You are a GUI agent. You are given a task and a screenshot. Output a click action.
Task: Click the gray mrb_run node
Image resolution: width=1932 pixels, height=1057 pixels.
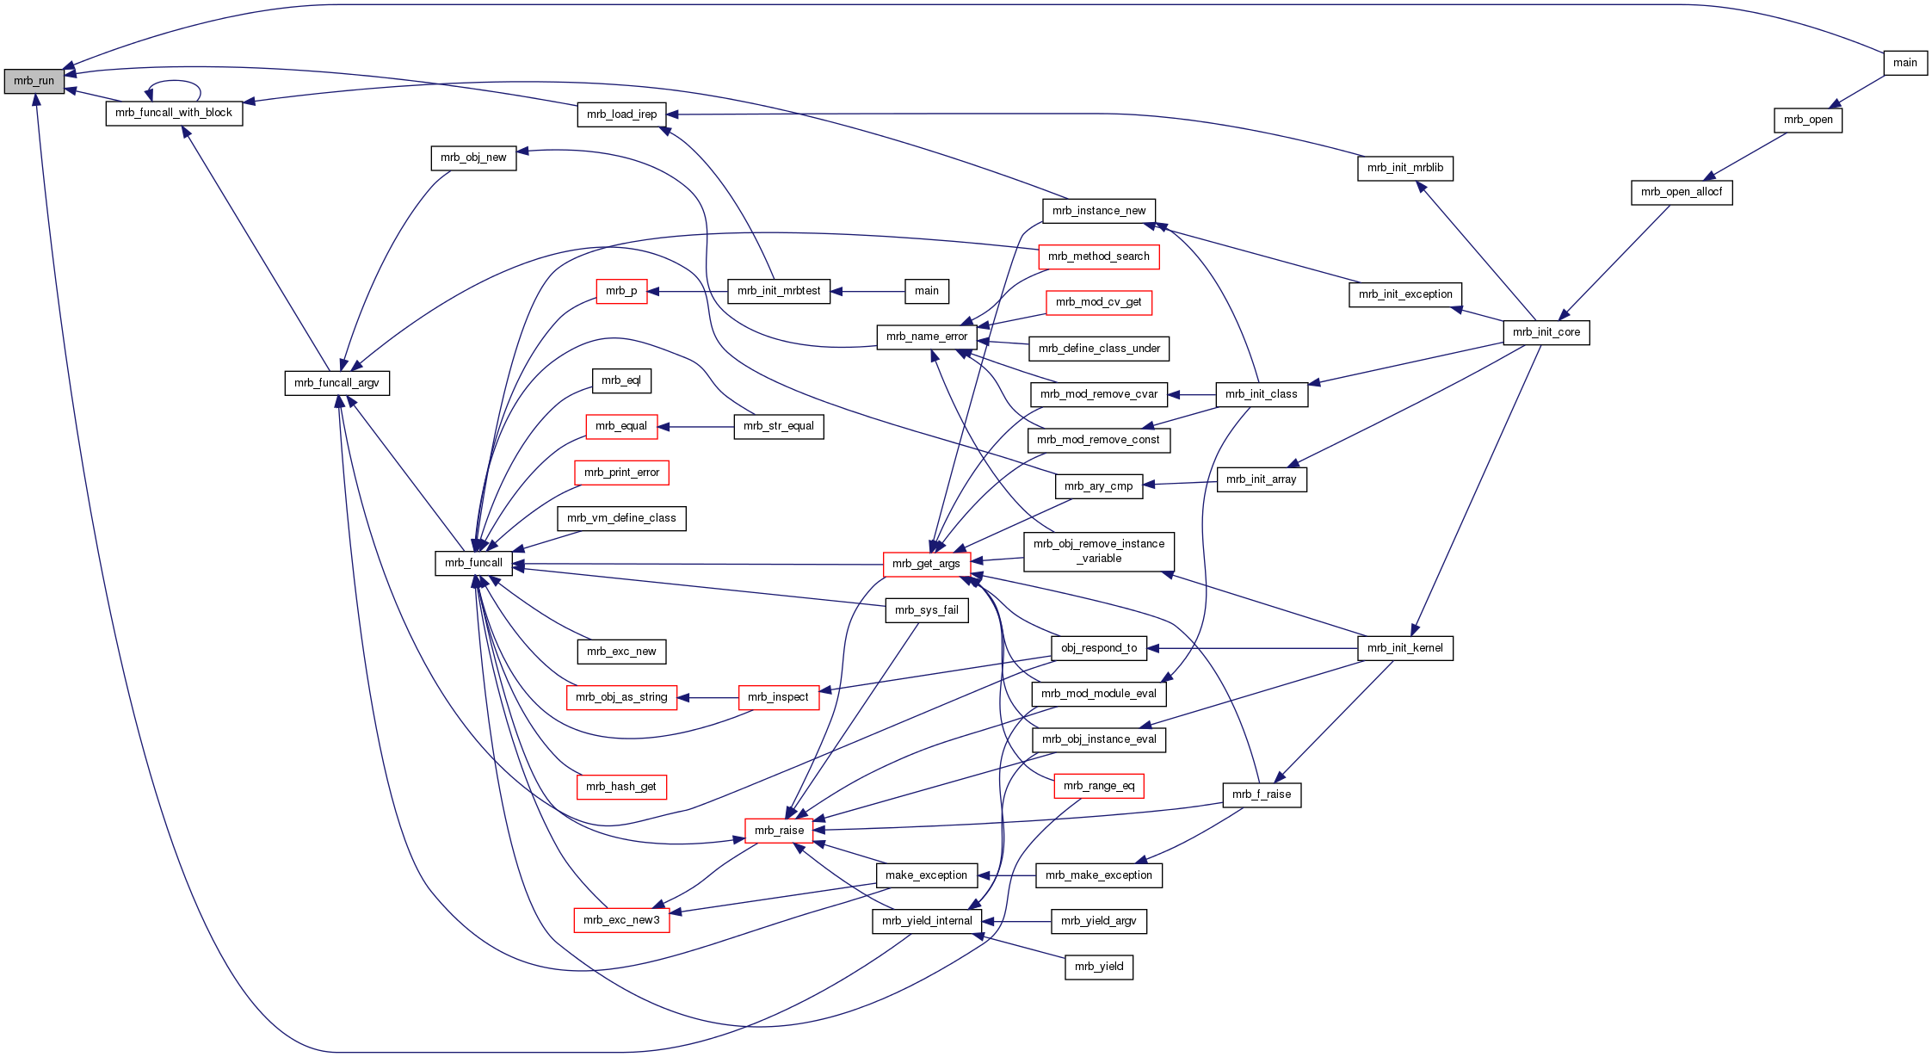tap(34, 81)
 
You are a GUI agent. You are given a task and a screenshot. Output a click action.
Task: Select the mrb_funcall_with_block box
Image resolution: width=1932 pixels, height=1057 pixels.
tap(174, 113)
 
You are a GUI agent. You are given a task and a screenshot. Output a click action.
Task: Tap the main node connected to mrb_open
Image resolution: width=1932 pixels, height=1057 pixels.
tap(1904, 63)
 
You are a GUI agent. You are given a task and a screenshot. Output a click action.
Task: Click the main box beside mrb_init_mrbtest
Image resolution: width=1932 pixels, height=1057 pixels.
tap(926, 291)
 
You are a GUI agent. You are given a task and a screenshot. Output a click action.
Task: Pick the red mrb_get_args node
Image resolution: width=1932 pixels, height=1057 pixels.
tap(926, 564)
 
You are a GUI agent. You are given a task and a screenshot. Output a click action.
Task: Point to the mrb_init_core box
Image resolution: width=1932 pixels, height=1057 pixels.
tap(1546, 332)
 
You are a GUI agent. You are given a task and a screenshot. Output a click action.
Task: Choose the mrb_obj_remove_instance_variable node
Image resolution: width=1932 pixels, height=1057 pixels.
tap(1098, 551)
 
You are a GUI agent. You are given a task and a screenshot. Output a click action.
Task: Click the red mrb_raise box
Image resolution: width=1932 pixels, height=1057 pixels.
tap(779, 831)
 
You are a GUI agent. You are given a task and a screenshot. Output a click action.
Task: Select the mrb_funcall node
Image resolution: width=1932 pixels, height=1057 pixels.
tap(473, 563)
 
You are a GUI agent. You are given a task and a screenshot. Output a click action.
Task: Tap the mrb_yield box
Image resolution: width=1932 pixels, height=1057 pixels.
tap(1098, 967)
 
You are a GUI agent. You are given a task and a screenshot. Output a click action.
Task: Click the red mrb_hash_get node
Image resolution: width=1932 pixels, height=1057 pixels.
tap(620, 787)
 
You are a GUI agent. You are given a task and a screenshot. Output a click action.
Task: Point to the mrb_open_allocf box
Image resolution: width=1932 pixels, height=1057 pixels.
tap(1681, 192)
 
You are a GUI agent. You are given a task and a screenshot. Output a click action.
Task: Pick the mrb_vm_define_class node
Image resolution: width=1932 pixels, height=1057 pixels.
tap(621, 518)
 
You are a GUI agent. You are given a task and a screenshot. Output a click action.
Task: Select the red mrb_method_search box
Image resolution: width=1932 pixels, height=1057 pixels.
tap(1098, 257)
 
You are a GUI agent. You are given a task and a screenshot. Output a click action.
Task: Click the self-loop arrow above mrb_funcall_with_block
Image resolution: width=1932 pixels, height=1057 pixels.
tap(174, 83)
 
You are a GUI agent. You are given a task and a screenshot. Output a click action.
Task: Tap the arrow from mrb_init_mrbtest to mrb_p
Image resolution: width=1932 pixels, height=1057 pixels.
tap(688, 292)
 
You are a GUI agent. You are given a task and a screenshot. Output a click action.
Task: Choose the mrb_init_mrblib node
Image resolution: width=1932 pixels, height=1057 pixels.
tap(1404, 168)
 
